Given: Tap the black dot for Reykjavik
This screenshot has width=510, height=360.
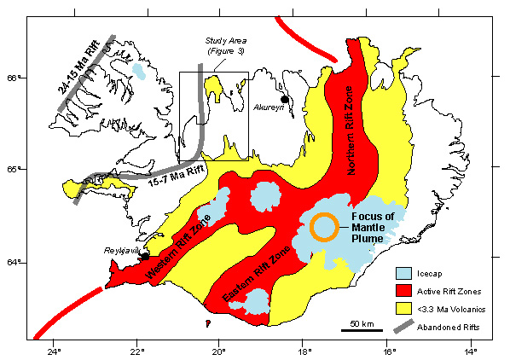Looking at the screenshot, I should click(x=146, y=255).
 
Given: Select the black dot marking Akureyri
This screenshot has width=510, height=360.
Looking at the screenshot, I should click(x=285, y=99).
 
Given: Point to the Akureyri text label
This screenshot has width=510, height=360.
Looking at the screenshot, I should click(x=271, y=108).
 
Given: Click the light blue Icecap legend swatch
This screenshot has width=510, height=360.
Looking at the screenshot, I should click(x=405, y=274).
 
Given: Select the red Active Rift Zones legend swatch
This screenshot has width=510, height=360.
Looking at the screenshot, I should click(x=405, y=291).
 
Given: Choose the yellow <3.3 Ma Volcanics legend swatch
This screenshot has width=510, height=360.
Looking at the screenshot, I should click(x=405, y=309).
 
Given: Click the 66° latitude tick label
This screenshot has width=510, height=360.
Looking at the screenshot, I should click(x=13, y=78).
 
